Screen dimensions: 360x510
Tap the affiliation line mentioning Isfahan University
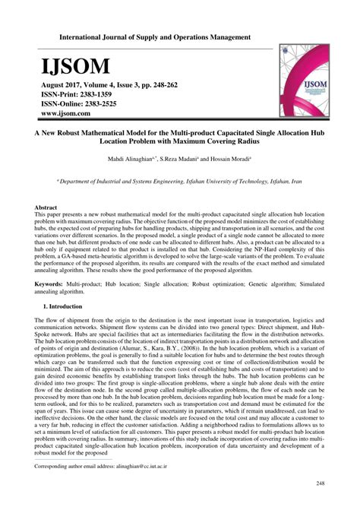point(180,183)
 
